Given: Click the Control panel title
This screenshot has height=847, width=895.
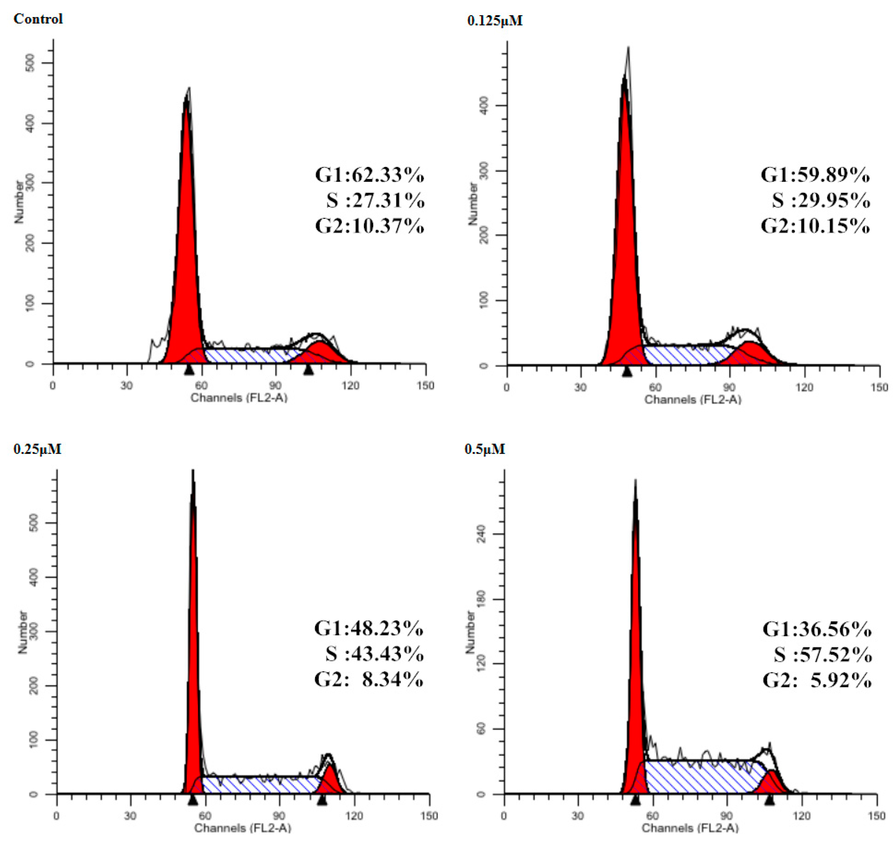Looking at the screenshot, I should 38,19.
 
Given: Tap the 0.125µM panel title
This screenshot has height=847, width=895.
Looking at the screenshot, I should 495,21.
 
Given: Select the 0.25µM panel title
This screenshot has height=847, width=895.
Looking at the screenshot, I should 38,449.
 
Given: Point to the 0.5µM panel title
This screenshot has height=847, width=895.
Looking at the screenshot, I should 485,449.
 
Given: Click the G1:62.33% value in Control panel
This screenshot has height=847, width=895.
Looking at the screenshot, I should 369,175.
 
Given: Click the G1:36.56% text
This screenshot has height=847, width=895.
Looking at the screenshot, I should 816,629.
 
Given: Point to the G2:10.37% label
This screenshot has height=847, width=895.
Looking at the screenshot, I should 369,225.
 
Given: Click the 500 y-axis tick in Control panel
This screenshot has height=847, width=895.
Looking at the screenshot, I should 31,63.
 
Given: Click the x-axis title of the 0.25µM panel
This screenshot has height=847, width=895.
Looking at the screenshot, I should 242,828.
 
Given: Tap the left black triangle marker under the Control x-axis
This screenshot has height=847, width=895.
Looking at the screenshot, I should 189,370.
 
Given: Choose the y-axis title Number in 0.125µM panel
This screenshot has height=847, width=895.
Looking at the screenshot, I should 472,203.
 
